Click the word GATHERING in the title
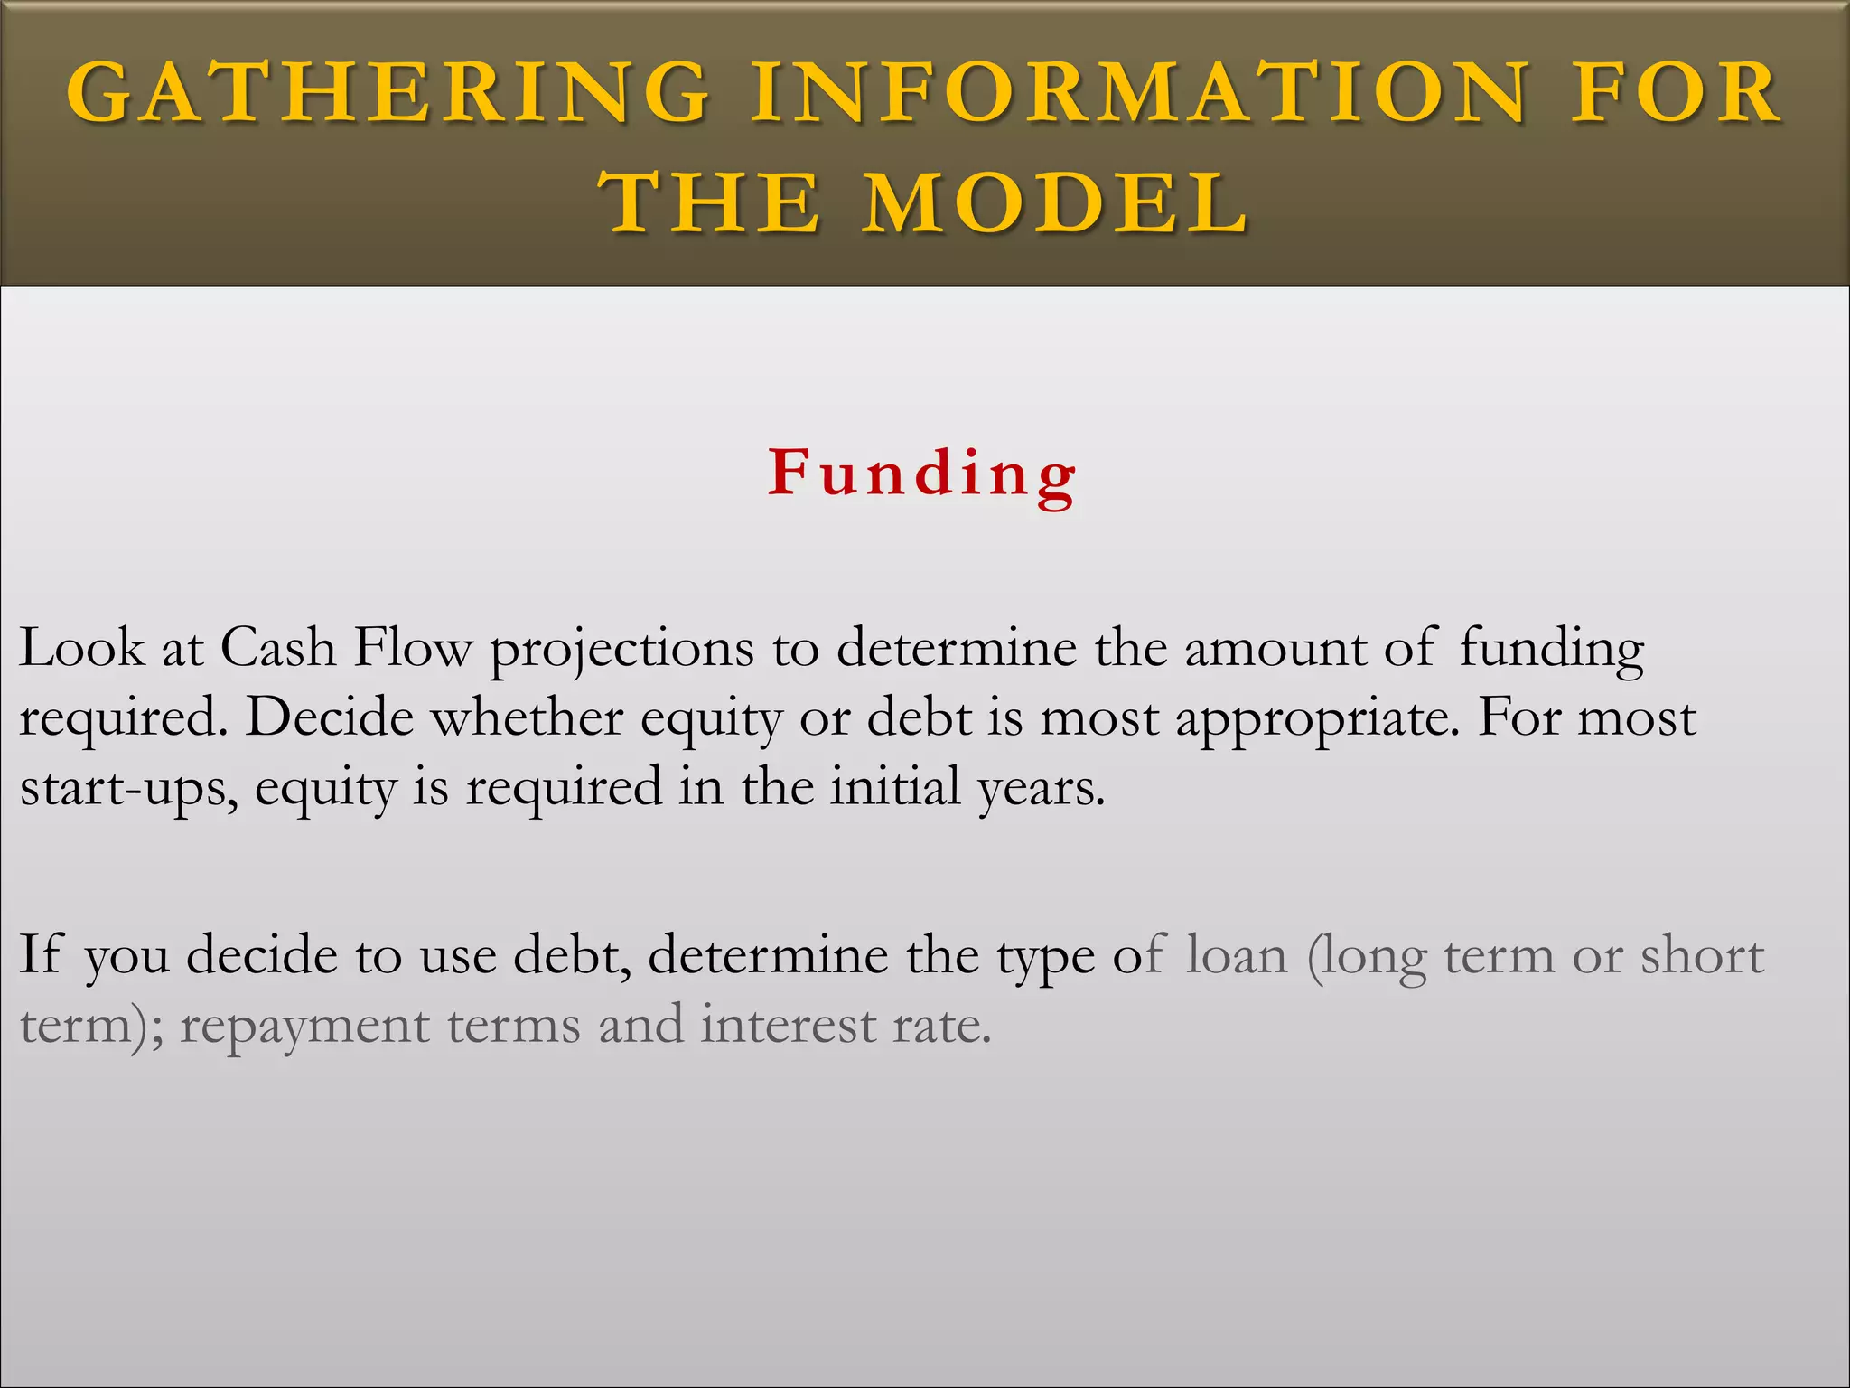pyautogui.click(x=388, y=93)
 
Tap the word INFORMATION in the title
pyautogui.click(x=1141, y=93)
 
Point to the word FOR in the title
pyautogui.click(x=1677, y=93)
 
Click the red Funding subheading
pyautogui.click(x=922, y=474)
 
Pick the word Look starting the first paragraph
pyautogui.click(x=82, y=648)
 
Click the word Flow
pyautogui.click(x=413, y=648)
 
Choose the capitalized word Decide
pyautogui.click(x=330, y=718)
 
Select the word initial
pyautogui.click(x=895, y=787)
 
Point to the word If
pyautogui.click(x=41, y=954)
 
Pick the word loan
pyautogui.click(x=1236, y=955)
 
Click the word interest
pyautogui.click(x=788, y=1026)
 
